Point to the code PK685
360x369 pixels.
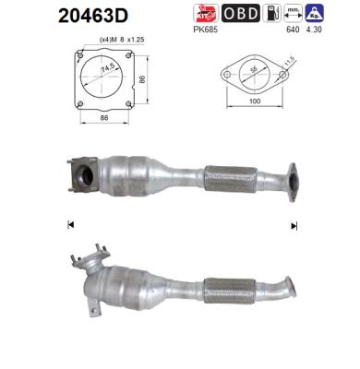[x=204, y=29]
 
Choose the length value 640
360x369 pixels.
[x=294, y=29]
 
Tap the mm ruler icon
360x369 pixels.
[x=294, y=13]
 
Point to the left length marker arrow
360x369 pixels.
[x=70, y=225]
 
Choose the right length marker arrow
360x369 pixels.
[x=294, y=225]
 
